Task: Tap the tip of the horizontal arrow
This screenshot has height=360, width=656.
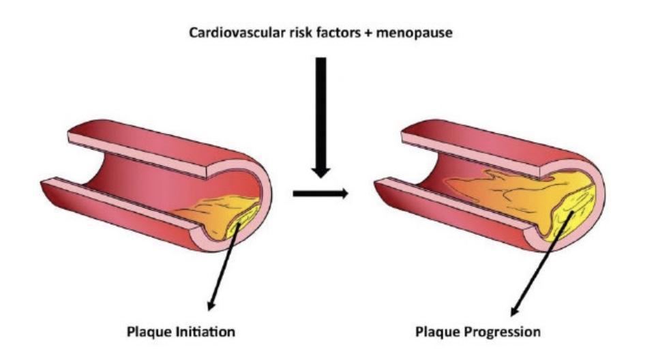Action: (344, 194)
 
